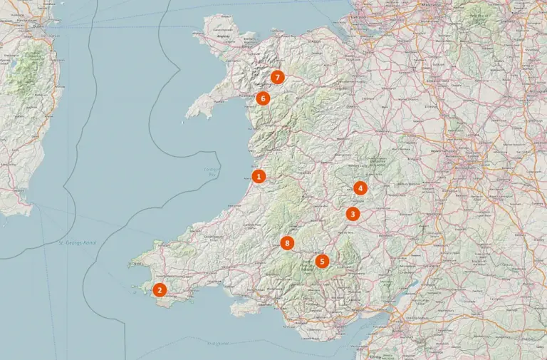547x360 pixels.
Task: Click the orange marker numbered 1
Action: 259,175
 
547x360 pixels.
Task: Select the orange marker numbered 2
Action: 160,289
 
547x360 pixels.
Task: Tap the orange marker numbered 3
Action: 353,213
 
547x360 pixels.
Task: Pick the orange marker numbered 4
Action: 360,188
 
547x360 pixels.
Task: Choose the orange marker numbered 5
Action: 323,261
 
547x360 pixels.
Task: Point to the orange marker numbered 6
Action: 263,98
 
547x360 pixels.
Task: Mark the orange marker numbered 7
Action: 277,77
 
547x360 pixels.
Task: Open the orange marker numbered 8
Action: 287,243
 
